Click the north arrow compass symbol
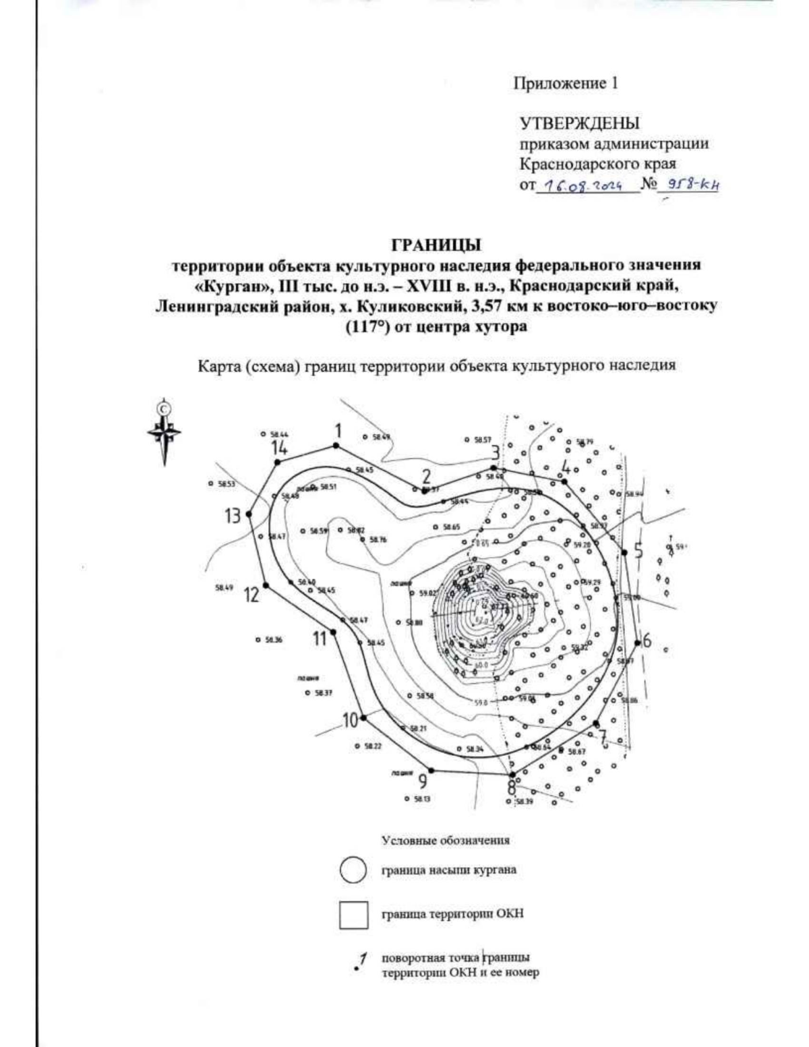pyautogui.click(x=163, y=431)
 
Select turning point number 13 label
pyautogui.click(x=233, y=516)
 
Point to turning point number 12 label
pyautogui.click(x=251, y=595)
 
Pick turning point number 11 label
pyautogui.click(x=320, y=638)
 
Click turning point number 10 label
pyautogui.click(x=349, y=720)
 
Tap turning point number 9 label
pyautogui.click(x=423, y=781)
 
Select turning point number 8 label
pyautogui.click(x=512, y=787)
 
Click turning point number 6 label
pyautogui.click(x=647, y=640)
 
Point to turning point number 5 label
pyautogui.click(x=638, y=547)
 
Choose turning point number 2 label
pyautogui.click(x=426, y=477)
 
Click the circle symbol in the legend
pyautogui.click(x=353, y=870)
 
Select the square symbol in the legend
pyautogui.click(x=353, y=915)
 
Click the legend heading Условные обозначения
pyautogui.click(x=446, y=841)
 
